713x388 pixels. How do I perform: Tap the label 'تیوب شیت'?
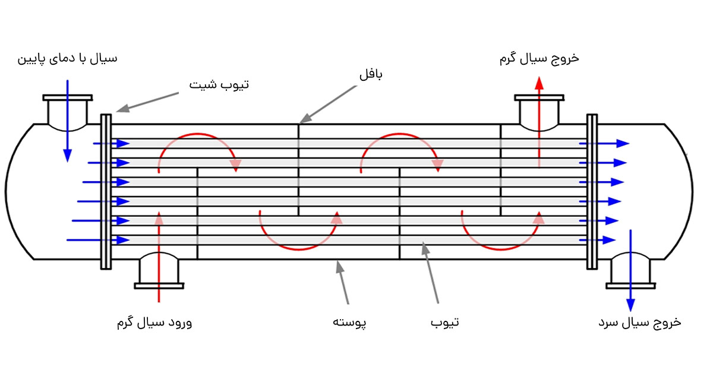click(x=219, y=85)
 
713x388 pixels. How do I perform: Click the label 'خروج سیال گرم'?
click(x=539, y=58)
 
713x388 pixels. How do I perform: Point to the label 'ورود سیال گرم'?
click(x=154, y=323)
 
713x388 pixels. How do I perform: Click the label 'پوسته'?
click(x=349, y=323)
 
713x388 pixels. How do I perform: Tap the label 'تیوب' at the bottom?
click(x=444, y=323)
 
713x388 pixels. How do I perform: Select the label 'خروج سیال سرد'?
click(x=639, y=323)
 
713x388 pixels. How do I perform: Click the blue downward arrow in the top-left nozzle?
click(x=67, y=119)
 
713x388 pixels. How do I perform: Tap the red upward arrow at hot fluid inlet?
click(x=159, y=255)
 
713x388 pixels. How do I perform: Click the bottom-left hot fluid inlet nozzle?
click(x=159, y=270)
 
